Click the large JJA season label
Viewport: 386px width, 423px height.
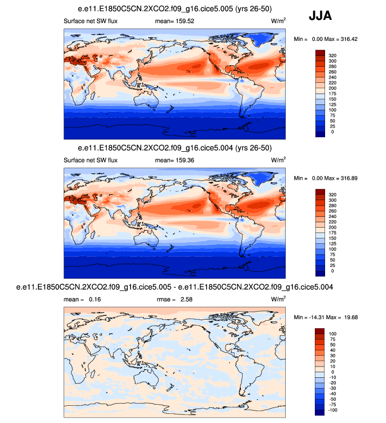coord(320,16)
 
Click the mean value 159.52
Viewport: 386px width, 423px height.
coord(183,22)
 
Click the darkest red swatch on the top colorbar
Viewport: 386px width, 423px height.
coord(320,53)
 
